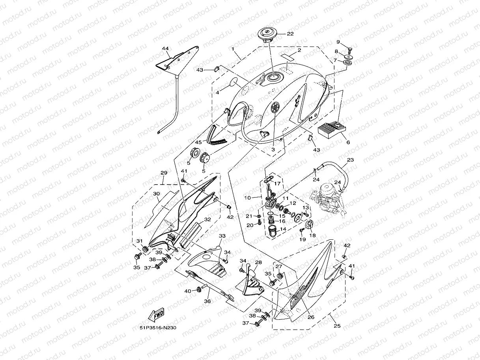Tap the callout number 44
tap(165, 48)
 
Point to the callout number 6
tap(347, 142)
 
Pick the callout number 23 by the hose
tap(350, 160)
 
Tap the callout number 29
tap(164, 173)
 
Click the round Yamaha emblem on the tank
tap(275, 107)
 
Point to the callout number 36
tap(207, 301)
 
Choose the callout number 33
tap(222, 236)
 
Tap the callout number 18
tap(313, 235)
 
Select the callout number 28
tap(258, 262)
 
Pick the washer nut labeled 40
tap(198, 291)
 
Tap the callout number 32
tap(207, 219)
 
